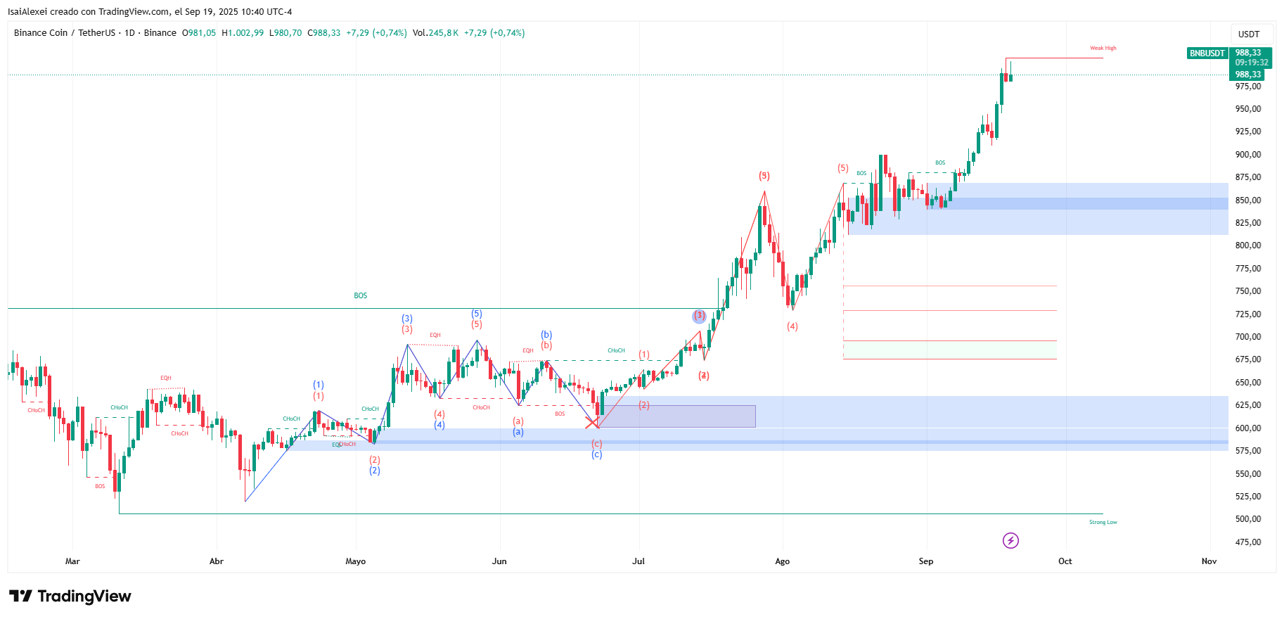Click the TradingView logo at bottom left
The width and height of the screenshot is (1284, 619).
70,596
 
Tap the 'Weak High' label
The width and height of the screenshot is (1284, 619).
1103,49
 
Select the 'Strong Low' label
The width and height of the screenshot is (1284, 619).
1103,522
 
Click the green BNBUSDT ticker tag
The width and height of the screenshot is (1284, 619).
1207,53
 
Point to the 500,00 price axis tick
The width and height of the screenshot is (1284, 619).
1247,519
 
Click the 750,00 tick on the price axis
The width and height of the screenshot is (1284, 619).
1247,291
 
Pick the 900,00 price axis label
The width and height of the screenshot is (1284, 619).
1247,155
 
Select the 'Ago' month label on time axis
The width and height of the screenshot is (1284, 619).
782,561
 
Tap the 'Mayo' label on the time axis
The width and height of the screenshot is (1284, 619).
355,561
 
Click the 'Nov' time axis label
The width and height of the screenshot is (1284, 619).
1209,561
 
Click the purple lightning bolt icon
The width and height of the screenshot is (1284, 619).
1010,540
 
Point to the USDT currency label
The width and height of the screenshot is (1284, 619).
1249,34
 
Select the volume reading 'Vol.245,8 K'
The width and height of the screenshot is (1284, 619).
435,33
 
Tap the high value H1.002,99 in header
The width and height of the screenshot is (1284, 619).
243,33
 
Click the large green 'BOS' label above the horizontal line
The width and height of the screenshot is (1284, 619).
360,295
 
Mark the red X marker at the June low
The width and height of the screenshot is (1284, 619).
591,423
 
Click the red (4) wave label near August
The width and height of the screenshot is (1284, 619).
792,326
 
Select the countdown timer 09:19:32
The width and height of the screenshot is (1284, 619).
1252,63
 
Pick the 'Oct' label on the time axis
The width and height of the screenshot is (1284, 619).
1065,561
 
